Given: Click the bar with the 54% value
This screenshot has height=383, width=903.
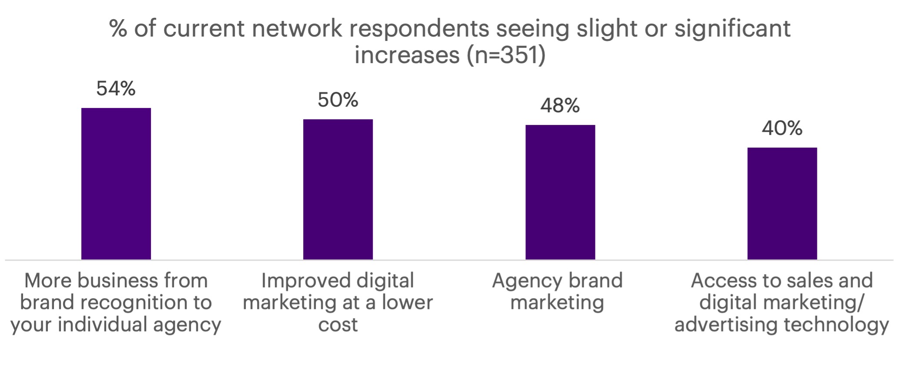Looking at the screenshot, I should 116,184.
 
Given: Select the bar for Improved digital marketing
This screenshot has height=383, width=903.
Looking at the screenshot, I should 338,189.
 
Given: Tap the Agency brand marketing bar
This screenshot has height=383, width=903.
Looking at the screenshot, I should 560,192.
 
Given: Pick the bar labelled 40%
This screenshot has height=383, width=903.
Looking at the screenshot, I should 782,204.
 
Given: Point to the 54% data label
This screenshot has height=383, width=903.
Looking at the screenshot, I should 116,89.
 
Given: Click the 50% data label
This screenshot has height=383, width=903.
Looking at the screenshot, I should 338,100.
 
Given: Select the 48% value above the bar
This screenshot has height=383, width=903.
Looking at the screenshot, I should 560,106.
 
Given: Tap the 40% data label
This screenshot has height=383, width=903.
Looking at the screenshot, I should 782,128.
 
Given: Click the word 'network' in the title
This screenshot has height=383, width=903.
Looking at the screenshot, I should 297,29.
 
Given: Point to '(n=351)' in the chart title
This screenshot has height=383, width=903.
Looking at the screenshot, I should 506,55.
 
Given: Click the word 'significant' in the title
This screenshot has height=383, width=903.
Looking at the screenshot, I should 732,29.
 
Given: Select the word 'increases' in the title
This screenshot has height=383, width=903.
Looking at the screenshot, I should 407,55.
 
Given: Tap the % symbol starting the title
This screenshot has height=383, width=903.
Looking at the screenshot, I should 118,29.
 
